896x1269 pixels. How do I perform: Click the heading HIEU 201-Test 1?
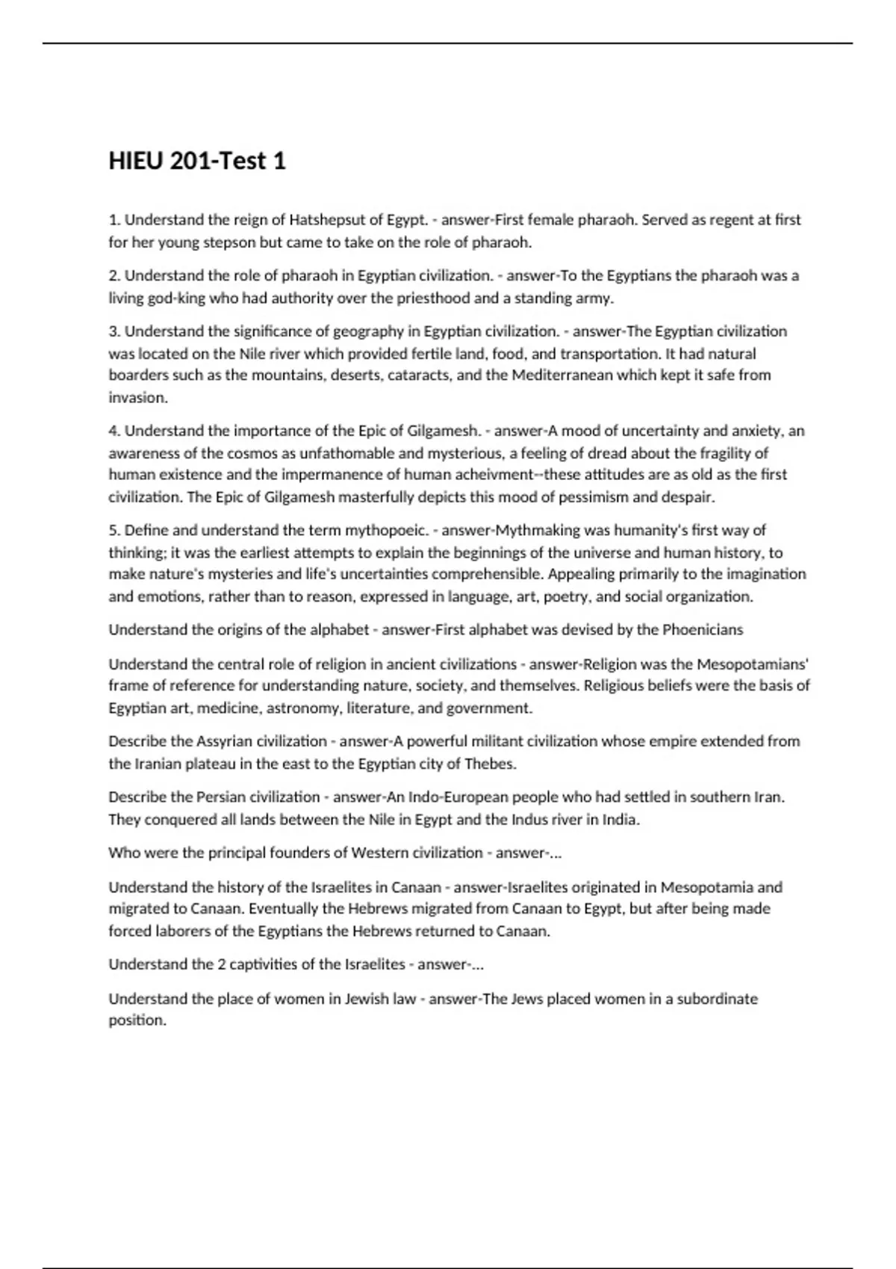click(x=197, y=161)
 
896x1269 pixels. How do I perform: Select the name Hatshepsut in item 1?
click(x=326, y=220)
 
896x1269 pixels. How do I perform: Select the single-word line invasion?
click(x=137, y=398)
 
